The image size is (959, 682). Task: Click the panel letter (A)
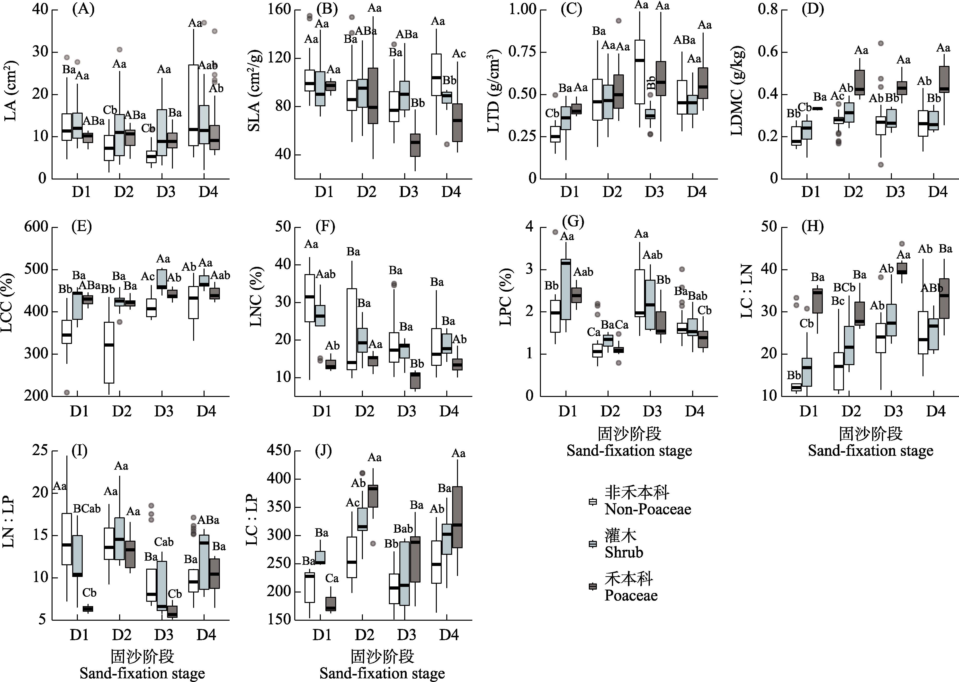point(83,9)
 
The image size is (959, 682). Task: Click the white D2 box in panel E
point(109,352)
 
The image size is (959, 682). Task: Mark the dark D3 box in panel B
point(415,145)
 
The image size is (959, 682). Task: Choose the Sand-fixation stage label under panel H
point(870,451)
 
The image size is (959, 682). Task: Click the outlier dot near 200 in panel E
point(67,392)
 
